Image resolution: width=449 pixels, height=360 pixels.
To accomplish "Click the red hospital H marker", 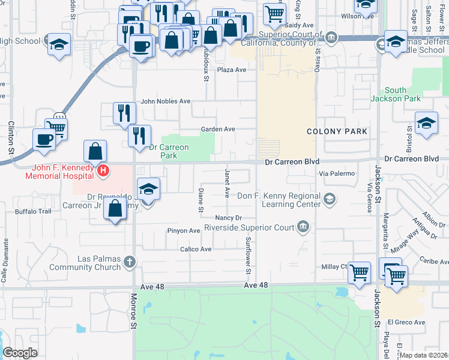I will coord(103,171).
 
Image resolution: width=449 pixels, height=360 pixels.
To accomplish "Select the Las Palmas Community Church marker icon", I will coord(130,262).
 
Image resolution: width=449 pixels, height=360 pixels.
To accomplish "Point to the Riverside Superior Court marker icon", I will coord(303,227).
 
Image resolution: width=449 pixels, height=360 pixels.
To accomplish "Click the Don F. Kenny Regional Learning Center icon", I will coord(329,198).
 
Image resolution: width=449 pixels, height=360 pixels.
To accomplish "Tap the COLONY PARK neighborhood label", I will coord(337,131).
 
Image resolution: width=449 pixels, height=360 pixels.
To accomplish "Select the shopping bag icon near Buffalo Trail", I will coord(115,209).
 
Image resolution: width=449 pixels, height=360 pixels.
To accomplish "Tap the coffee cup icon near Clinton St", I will coord(44,139).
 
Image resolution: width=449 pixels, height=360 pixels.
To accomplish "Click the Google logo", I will coord(20,352).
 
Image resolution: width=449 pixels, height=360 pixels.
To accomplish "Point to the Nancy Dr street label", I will coord(229,218).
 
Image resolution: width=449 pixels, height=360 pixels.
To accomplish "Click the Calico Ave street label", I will coord(196,249).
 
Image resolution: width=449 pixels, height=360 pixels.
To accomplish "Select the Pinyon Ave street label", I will coord(186,230).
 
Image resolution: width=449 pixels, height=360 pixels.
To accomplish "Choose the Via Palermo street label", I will coord(338,173).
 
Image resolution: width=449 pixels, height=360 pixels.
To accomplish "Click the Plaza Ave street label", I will coord(232,70).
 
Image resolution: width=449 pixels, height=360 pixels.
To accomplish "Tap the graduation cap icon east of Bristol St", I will coord(426,123).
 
